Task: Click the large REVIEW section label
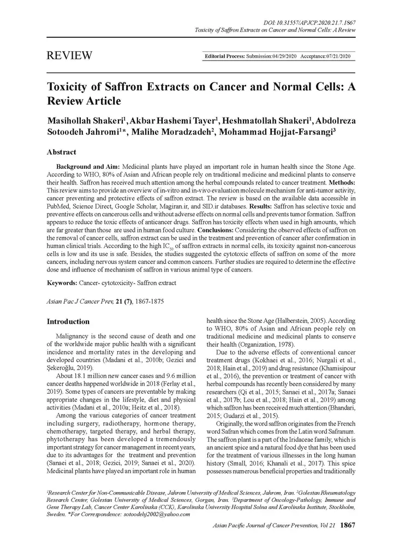pyautogui.click(x=69, y=56)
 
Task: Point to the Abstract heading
pyautogui.click(x=62, y=152)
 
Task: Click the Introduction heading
pyautogui.click(x=68, y=322)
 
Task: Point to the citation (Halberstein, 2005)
pyautogui.click(x=296, y=322)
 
